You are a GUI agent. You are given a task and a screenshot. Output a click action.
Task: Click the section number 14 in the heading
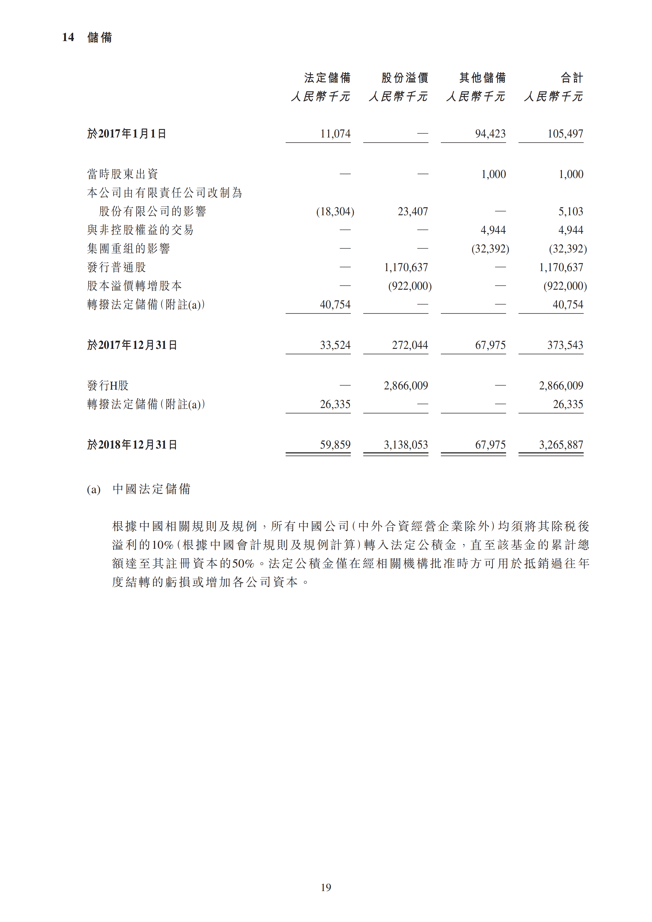[x=68, y=37]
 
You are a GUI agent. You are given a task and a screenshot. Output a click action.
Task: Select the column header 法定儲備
[x=327, y=77]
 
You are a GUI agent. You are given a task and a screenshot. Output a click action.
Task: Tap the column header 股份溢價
[x=405, y=77]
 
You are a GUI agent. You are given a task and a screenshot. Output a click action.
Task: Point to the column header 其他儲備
[x=482, y=77]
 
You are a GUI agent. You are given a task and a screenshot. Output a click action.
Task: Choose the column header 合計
[x=572, y=77]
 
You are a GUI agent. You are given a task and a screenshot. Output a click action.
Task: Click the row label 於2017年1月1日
[x=127, y=134]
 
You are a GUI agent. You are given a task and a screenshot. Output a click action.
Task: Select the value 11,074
[x=335, y=134]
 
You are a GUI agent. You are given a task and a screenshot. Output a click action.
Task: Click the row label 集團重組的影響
[x=128, y=249]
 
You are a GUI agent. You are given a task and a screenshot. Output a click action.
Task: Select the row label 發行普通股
[x=116, y=267]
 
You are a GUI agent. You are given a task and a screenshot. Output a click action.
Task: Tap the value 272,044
[x=410, y=345]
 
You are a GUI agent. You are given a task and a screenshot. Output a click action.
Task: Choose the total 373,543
[x=565, y=345]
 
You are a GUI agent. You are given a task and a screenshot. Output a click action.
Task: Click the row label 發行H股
[x=108, y=386]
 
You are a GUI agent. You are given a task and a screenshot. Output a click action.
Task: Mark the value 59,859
[x=335, y=444]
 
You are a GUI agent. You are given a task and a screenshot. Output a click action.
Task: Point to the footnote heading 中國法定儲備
[x=151, y=489]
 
